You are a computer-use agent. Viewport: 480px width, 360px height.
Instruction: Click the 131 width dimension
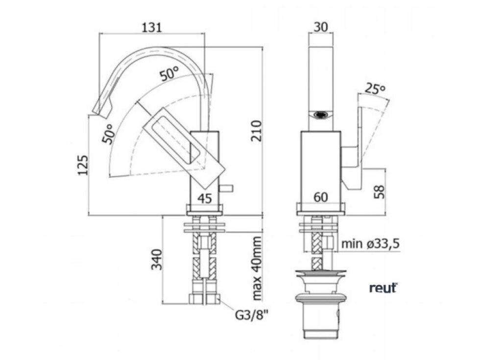pos(151,27)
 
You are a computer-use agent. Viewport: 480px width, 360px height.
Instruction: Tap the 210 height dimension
pos(257,131)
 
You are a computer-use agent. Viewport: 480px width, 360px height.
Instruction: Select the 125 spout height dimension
pos(83,166)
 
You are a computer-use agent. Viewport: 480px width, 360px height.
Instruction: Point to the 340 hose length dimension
pos(157,260)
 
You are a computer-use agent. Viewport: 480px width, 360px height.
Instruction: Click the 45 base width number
pos(205,198)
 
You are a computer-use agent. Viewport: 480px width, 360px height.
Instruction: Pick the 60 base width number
pos(320,197)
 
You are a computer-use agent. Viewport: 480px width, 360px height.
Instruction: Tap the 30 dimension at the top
pos(320,27)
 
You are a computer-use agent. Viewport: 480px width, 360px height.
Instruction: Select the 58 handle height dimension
pos(380,192)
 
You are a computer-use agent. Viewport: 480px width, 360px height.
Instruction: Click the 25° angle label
pos(375,89)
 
